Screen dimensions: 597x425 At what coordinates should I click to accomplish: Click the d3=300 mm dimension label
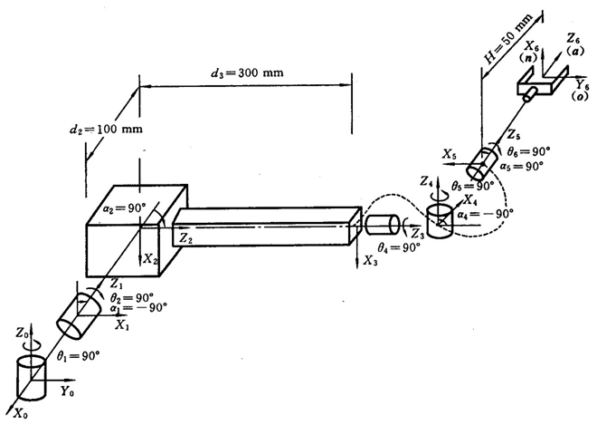pos(247,72)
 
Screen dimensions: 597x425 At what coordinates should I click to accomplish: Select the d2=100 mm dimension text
pos(106,130)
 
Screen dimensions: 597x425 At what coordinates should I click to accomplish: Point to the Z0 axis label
pos(23,333)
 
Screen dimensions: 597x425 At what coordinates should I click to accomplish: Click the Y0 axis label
pos(68,392)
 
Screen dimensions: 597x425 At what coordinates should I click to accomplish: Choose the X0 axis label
pos(21,413)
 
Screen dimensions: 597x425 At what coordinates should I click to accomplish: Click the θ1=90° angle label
pos(78,357)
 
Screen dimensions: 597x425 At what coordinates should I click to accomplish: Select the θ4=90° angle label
pos(399,248)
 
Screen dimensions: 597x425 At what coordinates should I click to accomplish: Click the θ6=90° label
pos(529,151)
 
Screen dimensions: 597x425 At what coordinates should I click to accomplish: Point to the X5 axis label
pos(450,154)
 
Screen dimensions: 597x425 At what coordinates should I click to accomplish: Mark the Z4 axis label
pos(427,181)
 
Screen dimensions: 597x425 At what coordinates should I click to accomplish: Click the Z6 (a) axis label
pos(574,43)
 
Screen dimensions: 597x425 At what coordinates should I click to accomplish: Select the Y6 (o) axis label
pos(582,90)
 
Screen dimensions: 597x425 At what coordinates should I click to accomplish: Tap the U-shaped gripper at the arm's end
pos(541,82)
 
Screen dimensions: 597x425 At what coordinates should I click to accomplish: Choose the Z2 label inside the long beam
pos(185,239)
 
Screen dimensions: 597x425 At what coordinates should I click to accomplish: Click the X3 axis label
pos(370,261)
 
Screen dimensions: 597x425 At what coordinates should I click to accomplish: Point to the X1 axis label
pos(122,325)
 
